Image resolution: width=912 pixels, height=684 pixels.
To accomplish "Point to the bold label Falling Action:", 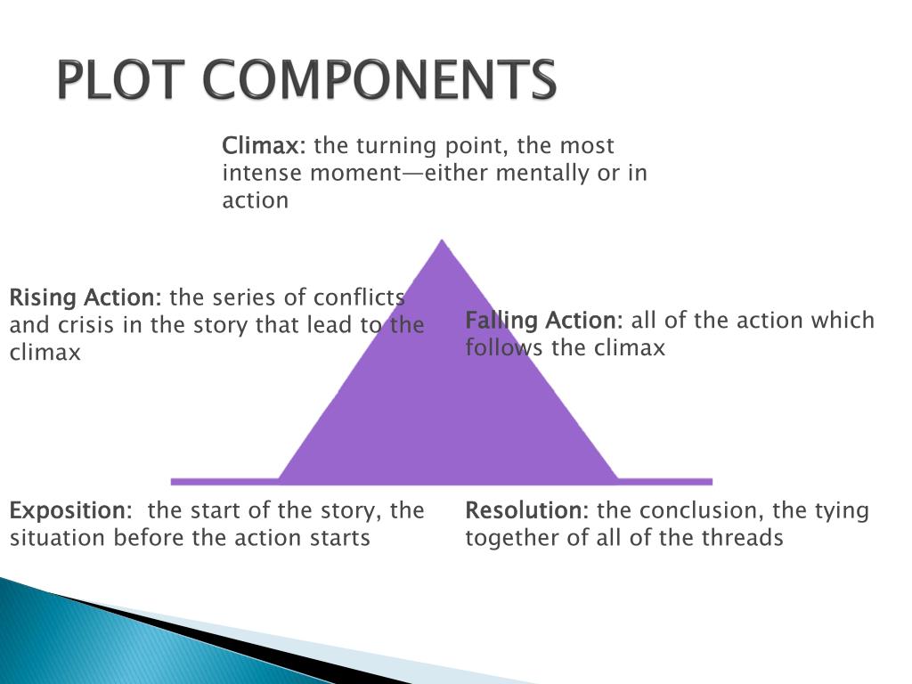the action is [544, 321].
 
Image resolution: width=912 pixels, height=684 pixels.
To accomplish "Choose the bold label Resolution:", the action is [526, 510].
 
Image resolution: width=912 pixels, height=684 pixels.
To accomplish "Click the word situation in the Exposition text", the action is [53, 538].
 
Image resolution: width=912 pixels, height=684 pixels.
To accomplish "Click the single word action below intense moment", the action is [256, 200].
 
